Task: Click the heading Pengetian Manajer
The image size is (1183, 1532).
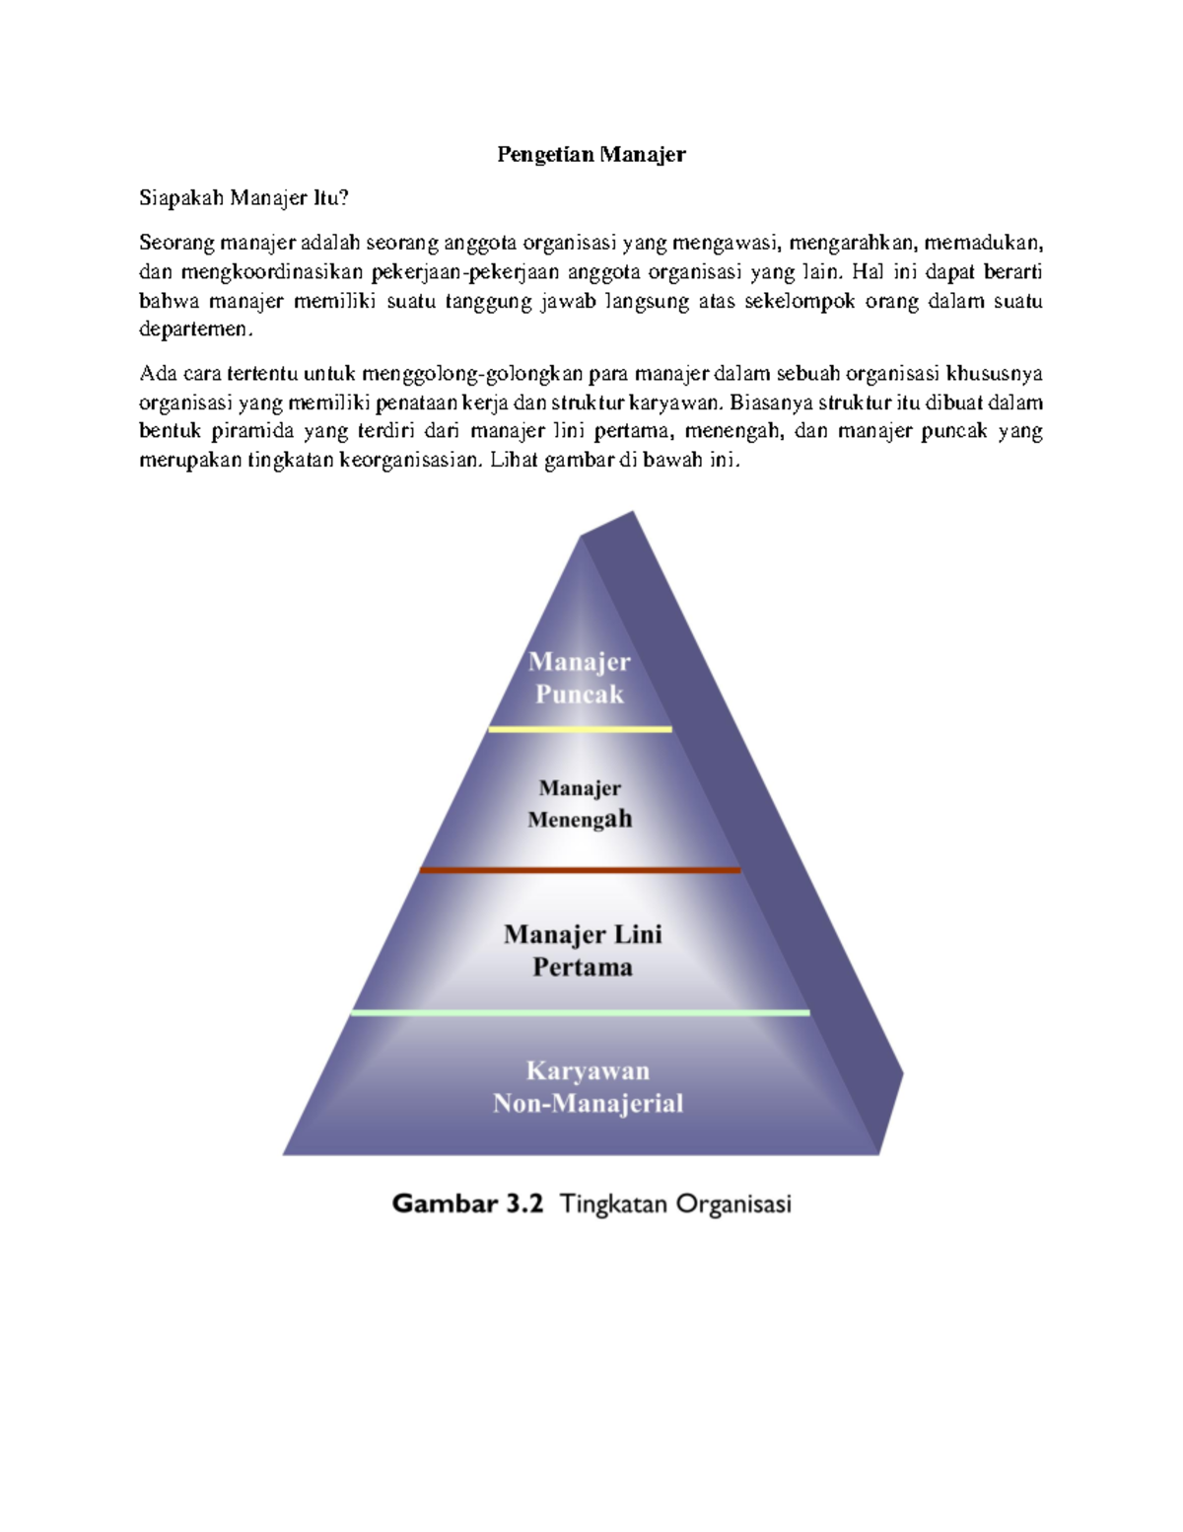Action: click(x=591, y=154)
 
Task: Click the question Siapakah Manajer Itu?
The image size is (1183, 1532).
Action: click(x=244, y=198)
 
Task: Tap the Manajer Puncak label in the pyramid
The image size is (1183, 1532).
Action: click(x=579, y=678)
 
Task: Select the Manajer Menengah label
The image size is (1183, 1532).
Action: click(x=580, y=803)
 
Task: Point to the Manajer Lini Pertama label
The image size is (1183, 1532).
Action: click(x=583, y=950)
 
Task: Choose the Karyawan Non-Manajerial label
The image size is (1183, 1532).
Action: click(x=588, y=1086)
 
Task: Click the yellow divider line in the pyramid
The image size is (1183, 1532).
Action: click(x=580, y=729)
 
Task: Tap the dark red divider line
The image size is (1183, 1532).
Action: click(x=580, y=870)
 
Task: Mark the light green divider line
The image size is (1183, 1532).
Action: click(x=580, y=1012)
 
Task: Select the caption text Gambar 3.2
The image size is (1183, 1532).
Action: click(x=467, y=1204)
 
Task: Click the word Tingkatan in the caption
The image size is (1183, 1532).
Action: click(x=613, y=1204)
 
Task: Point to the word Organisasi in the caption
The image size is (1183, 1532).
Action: click(x=733, y=1204)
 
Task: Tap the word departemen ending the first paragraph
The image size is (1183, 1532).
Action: click(x=195, y=329)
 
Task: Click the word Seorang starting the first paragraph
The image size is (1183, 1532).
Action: click(x=175, y=243)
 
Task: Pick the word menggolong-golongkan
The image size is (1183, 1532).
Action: click(x=472, y=374)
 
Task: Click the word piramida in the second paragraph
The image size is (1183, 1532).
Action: click(x=251, y=431)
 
